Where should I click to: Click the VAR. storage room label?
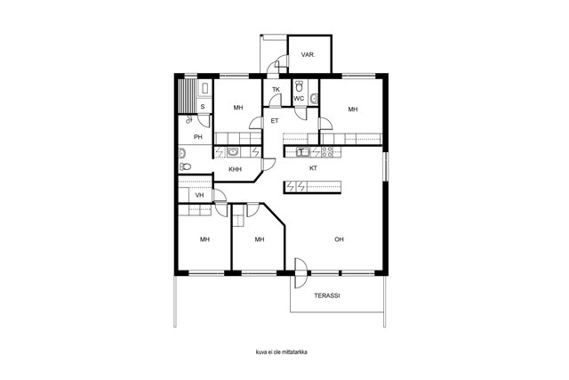(x=308, y=55)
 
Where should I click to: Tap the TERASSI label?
(x=326, y=295)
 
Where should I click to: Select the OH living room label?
(x=339, y=239)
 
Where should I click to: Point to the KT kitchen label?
(x=313, y=168)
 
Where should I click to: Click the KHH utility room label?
(x=235, y=169)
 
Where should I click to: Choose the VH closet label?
(x=199, y=195)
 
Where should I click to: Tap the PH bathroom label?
(x=197, y=137)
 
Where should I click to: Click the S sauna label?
(x=203, y=107)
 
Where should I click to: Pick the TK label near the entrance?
(x=276, y=89)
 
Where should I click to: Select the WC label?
(x=299, y=99)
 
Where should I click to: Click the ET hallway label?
(x=275, y=121)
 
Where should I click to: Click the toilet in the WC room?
(x=299, y=86)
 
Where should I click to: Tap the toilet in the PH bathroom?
(x=185, y=166)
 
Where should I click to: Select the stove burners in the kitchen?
(x=326, y=151)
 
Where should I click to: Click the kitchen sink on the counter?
(x=302, y=151)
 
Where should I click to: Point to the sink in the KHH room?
(x=233, y=152)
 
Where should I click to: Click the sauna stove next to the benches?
(x=204, y=89)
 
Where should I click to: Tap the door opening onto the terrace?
(x=300, y=273)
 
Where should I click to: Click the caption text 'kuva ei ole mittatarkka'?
(x=282, y=352)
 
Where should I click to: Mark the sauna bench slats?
(x=188, y=95)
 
